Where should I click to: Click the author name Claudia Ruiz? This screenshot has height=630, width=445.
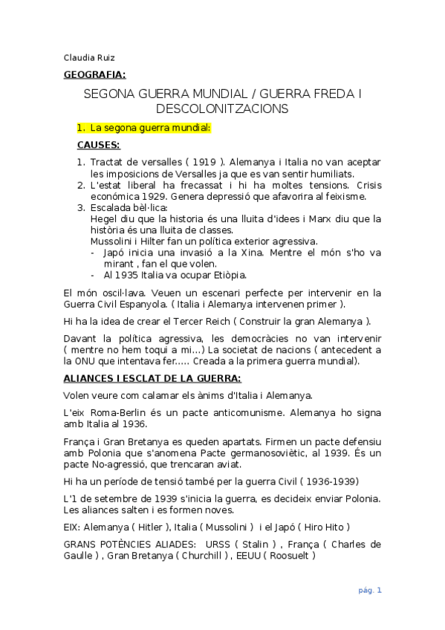(88, 58)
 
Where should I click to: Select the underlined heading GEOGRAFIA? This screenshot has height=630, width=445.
(94, 74)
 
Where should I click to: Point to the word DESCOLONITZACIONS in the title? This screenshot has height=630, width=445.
(221, 109)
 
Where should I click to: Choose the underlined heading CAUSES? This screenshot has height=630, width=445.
(98, 145)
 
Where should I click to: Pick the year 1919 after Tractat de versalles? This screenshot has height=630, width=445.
(202, 162)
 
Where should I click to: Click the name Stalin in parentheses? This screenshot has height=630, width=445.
(254, 544)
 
